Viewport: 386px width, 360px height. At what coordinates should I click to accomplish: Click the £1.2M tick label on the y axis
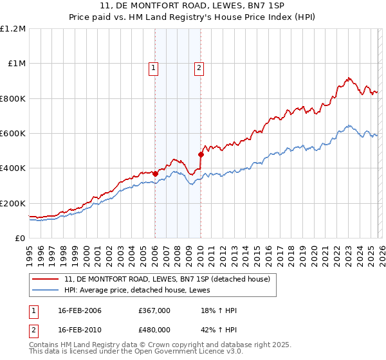click(x=12, y=28)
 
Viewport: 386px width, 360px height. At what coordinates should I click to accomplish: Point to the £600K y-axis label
click(x=12, y=133)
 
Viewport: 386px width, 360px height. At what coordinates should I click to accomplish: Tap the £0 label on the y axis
click(x=20, y=238)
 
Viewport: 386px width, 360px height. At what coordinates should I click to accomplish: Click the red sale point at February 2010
click(x=201, y=154)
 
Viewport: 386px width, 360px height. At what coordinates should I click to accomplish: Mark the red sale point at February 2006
click(x=155, y=174)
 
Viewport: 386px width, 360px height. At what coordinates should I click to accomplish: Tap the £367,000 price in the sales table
click(x=154, y=310)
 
